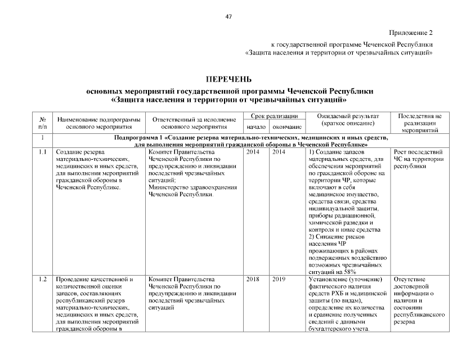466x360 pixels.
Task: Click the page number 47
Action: pos(228,17)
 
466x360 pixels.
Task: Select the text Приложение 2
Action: pos(410,33)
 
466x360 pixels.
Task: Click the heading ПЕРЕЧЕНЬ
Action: pos(228,79)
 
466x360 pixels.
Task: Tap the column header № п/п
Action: pos(43,123)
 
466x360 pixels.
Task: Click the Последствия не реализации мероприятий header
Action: pos(419,123)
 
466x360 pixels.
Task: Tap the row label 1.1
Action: pos(42,152)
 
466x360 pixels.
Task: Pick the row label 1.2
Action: pos(42,279)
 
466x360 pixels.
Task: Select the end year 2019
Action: pos(279,279)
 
